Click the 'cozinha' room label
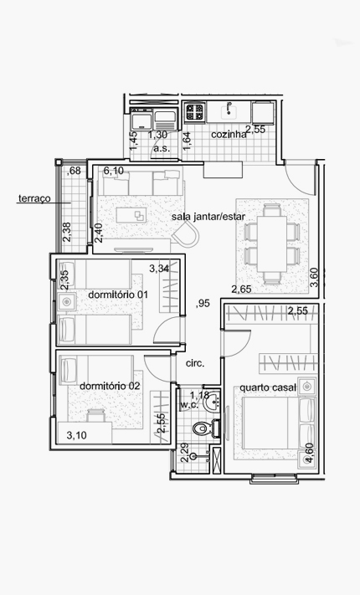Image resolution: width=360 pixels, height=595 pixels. pyautogui.click(x=229, y=135)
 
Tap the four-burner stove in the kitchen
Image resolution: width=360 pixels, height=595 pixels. pyautogui.click(x=195, y=112)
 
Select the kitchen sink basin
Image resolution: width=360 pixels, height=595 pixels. pyautogui.click(x=229, y=110)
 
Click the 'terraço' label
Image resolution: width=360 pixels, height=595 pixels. pyautogui.click(x=34, y=198)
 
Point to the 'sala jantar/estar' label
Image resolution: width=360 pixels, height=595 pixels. pyautogui.click(x=208, y=217)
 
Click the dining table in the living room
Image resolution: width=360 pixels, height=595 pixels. pyautogui.click(x=271, y=244)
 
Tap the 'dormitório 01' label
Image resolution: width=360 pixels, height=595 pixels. pyautogui.click(x=118, y=295)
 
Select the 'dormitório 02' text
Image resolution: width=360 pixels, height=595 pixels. pyautogui.click(x=110, y=386)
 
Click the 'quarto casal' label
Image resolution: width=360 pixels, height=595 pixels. pyautogui.click(x=268, y=387)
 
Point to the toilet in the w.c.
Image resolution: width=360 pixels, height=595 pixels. pyautogui.click(x=202, y=428)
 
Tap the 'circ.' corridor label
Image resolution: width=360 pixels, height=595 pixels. pyautogui.click(x=195, y=363)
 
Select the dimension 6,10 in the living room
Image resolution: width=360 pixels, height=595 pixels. pyautogui.click(x=114, y=171)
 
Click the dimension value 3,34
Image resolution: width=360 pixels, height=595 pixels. pyautogui.click(x=159, y=269)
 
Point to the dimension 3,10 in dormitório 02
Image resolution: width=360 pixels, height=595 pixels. pyautogui.click(x=77, y=435)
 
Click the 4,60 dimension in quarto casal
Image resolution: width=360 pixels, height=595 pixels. pyautogui.click(x=309, y=453)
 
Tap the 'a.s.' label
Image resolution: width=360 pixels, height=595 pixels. pyautogui.click(x=162, y=148)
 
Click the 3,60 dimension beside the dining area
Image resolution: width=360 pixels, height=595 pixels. pyautogui.click(x=314, y=277)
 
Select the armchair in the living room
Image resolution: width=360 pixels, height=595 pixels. pyautogui.click(x=186, y=233)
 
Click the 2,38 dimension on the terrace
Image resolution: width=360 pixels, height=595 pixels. pyautogui.click(x=67, y=232)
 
